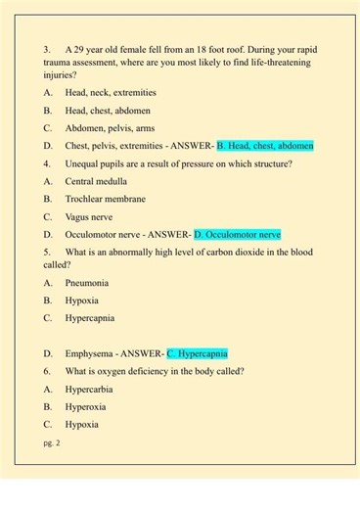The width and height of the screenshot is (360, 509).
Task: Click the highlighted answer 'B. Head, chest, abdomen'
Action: (x=265, y=145)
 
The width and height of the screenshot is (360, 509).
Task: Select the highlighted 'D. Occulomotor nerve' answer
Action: (x=238, y=234)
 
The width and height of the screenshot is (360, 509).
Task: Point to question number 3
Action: (x=47, y=48)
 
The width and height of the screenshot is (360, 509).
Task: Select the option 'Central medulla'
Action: (x=98, y=181)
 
